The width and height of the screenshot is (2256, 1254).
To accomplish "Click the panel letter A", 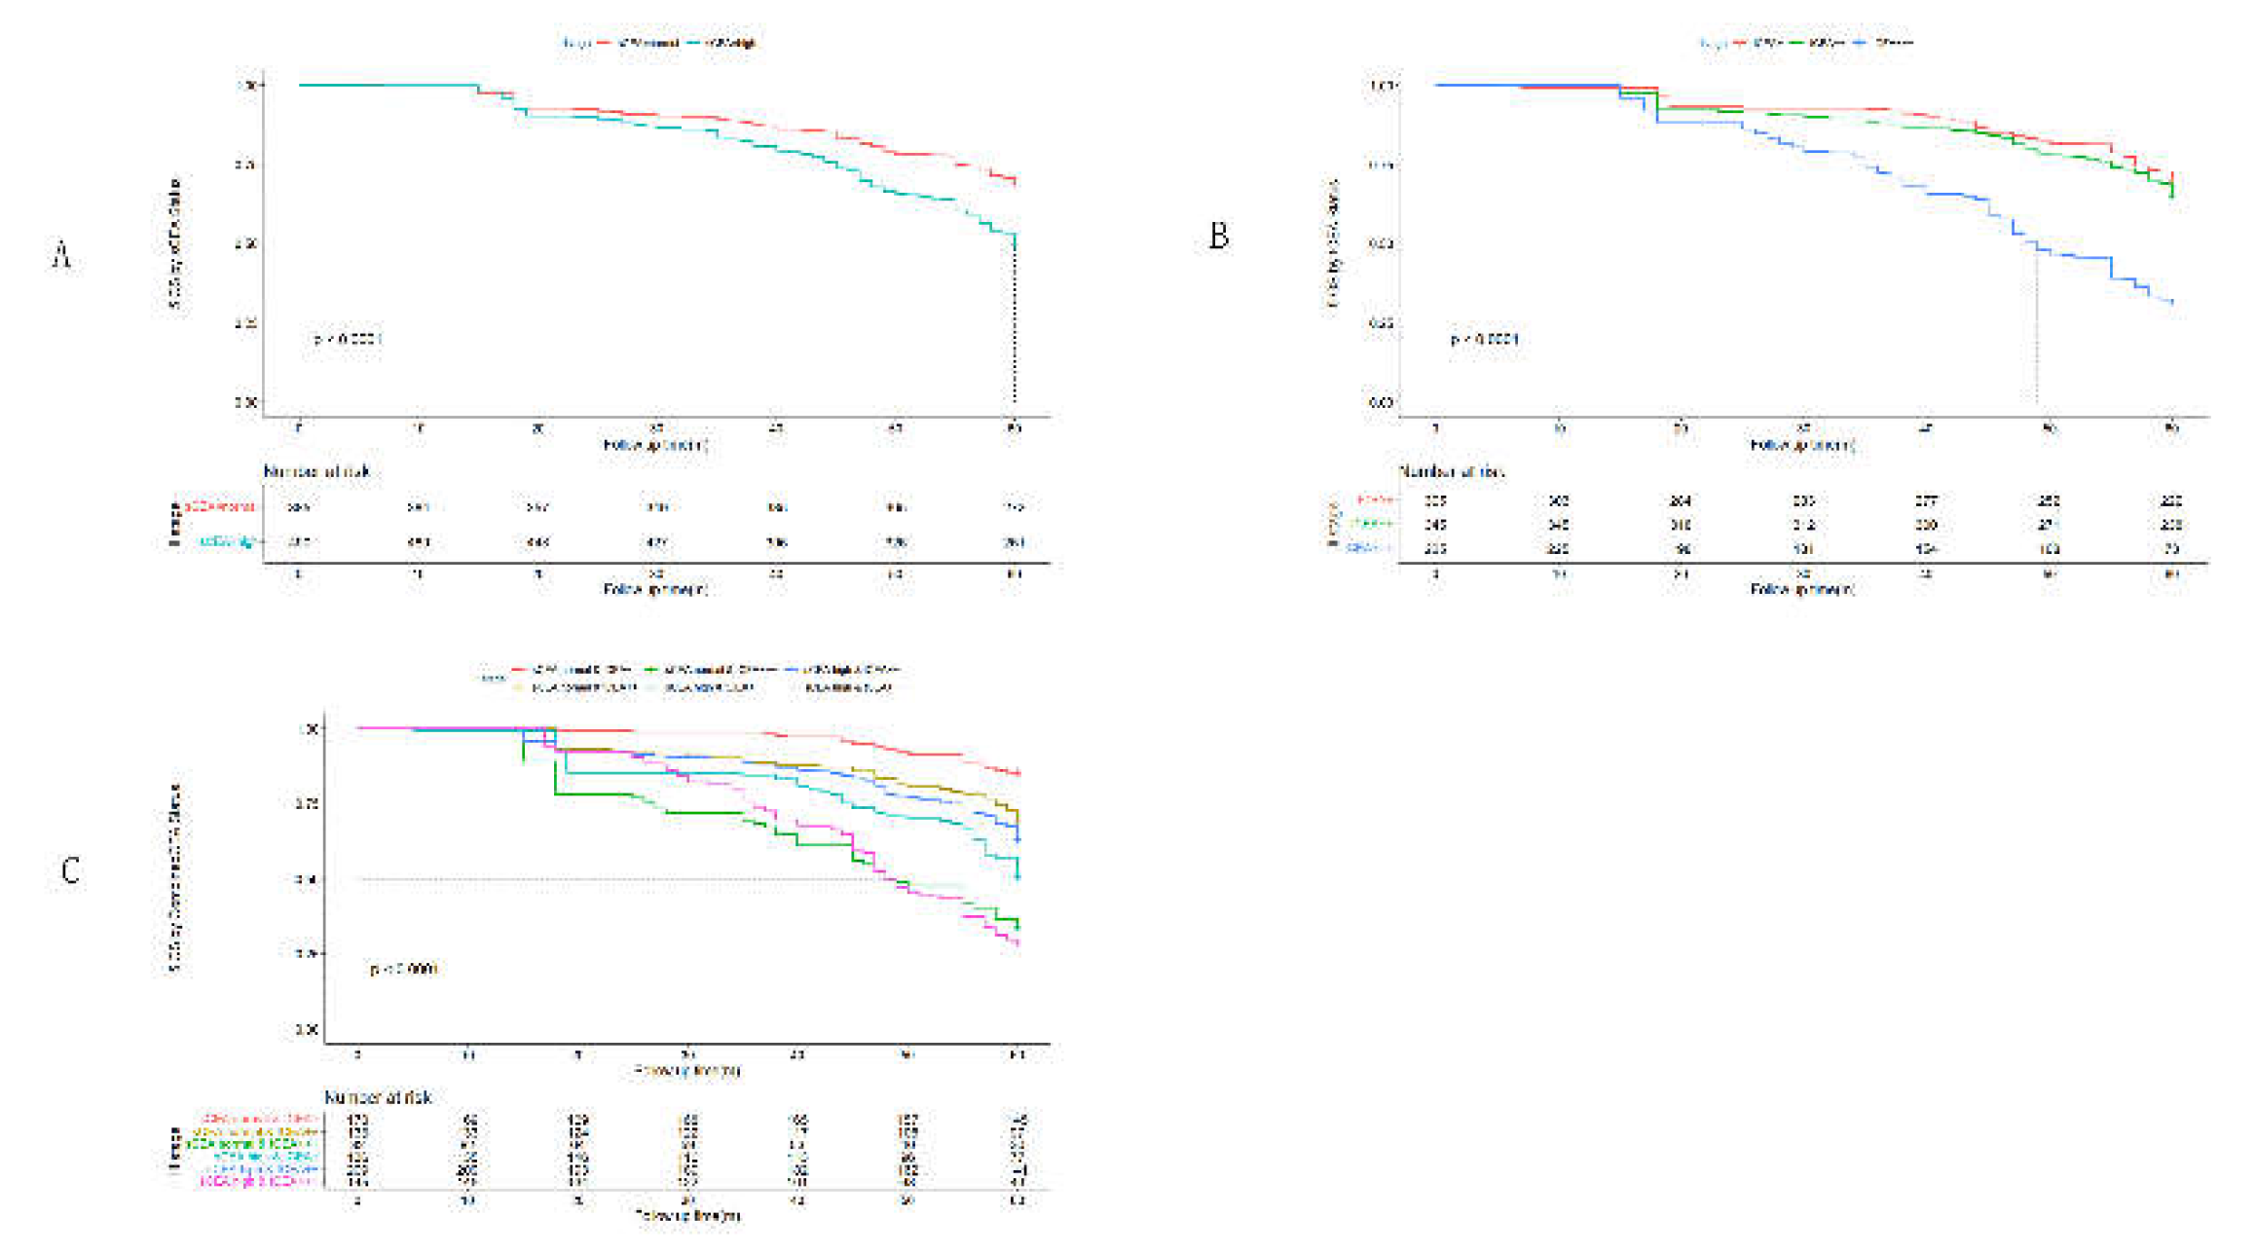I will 61,256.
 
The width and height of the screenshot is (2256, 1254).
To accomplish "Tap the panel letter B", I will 1218,236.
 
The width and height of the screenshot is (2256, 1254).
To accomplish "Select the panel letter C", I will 70,869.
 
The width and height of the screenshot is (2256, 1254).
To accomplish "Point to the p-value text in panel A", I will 348,339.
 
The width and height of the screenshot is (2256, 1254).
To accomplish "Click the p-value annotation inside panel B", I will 1484,339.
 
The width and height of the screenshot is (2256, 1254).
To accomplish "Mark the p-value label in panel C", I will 403,969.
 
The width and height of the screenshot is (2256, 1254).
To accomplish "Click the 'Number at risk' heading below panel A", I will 317,471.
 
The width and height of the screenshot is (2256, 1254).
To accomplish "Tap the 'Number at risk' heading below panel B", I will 1452,471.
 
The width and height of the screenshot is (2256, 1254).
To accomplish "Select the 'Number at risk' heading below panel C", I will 378,1097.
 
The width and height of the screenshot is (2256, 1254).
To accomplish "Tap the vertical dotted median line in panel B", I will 2036,331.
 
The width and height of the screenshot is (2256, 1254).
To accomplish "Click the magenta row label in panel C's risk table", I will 258,1181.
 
